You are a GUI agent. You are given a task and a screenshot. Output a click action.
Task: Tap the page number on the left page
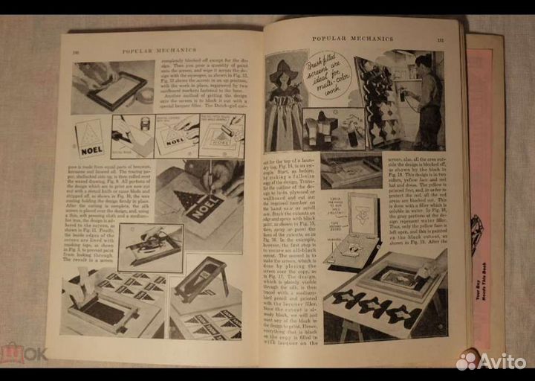pos(76,52)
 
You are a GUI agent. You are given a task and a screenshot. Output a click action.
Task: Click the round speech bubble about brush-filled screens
pos(330,74)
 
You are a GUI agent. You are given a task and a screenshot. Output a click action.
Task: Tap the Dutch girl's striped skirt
pos(285,127)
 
